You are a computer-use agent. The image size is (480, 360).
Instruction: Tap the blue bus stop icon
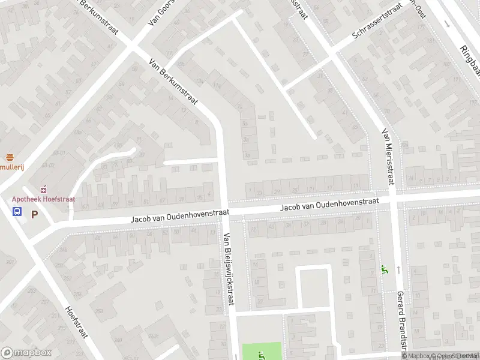(x=17, y=211)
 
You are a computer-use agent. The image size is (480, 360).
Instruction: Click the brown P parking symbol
(x=34, y=213)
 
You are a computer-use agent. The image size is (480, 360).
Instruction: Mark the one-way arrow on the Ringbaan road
(x=447, y=24)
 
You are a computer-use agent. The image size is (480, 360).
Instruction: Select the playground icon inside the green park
(x=260, y=355)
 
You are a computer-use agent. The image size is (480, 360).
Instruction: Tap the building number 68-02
(x=59, y=153)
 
